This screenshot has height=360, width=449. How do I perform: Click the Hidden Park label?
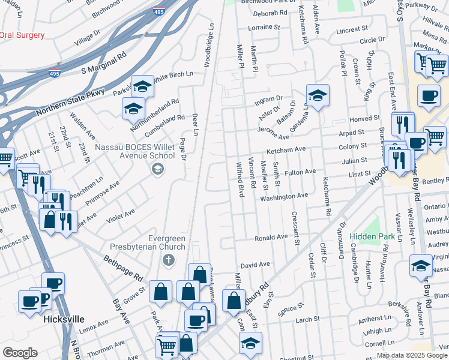pyautogui.click(x=373, y=237)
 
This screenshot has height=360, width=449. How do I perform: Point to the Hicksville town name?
pyautogui.click(x=64, y=319)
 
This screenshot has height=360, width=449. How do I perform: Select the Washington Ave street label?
pyautogui.click(x=284, y=196)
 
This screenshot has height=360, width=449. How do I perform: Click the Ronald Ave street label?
pyautogui.click(x=271, y=238)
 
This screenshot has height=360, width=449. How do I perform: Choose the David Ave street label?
pyautogui.click(x=255, y=264)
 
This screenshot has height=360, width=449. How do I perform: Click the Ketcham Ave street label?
pyautogui.click(x=287, y=149)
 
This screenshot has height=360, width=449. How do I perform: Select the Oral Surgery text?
pyautogui.click(x=22, y=35)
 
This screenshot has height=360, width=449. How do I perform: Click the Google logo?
pyautogui.click(x=20, y=353)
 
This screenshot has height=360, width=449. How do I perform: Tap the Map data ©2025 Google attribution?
pyautogui.click(x=412, y=355)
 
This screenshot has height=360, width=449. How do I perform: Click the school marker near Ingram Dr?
pyautogui.click(x=318, y=95)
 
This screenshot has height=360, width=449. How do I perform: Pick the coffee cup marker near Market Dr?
pyautogui.click(x=429, y=96)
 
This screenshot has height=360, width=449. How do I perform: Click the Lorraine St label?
pyautogui.click(x=264, y=28)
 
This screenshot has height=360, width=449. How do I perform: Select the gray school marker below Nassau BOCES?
pyautogui.click(x=157, y=169)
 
